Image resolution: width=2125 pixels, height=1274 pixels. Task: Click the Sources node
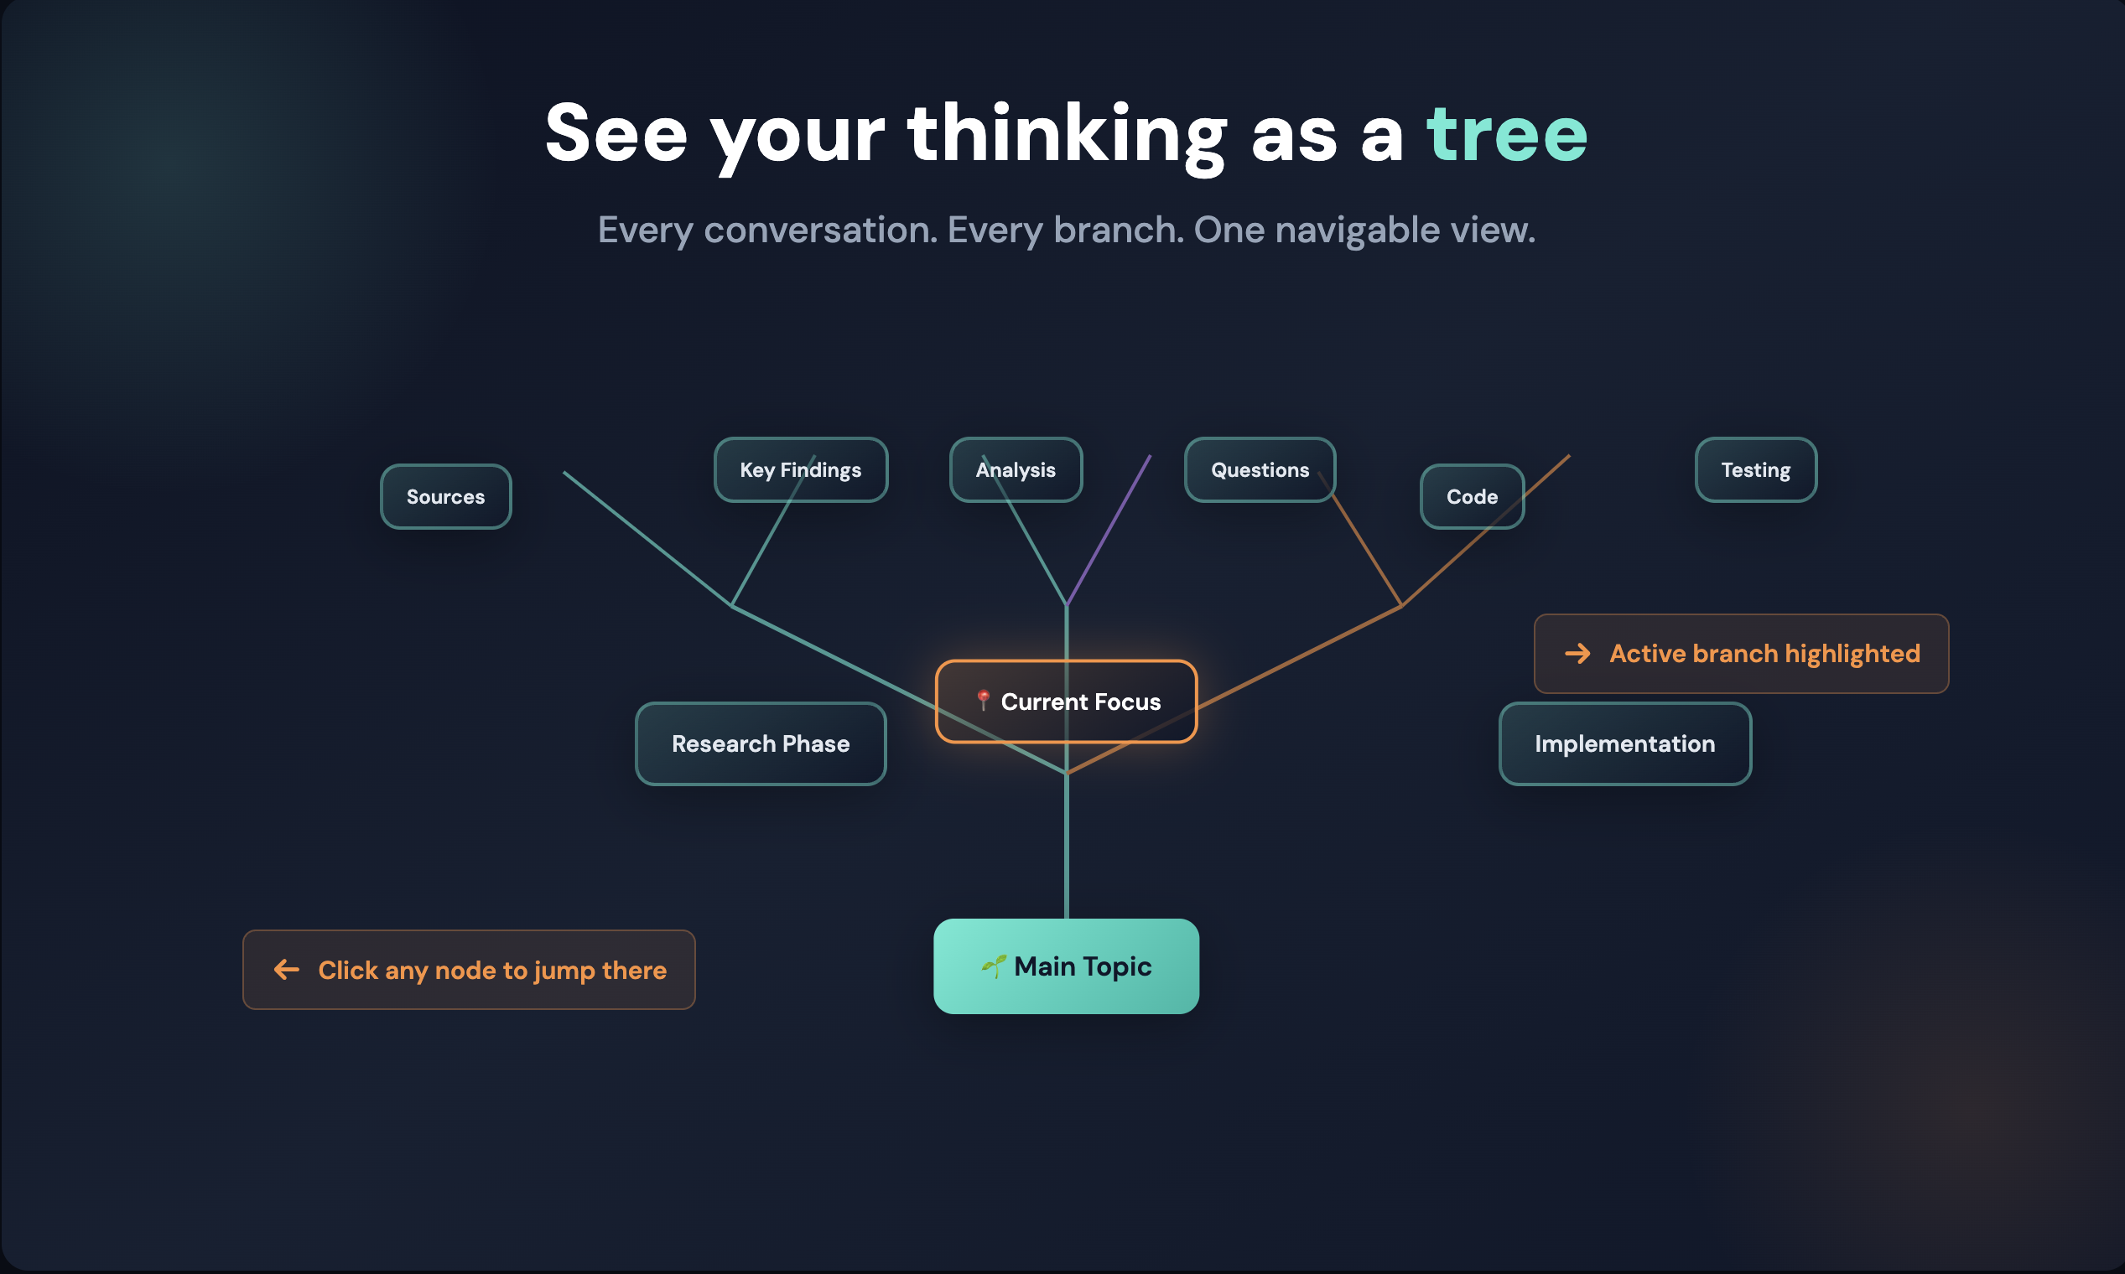(x=446, y=496)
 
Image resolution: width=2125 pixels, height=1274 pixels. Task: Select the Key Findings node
(x=801, y=469)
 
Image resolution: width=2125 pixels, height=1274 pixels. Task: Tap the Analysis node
(x=1016, y=469)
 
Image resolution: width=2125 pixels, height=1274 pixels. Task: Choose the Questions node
(x=1260, y=469)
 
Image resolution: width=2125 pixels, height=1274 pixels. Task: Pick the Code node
(x=1473, y=496)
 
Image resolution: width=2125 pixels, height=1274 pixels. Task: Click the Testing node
(x=1756, y=469)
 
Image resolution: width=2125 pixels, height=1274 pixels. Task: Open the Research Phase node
(x=760, y=743)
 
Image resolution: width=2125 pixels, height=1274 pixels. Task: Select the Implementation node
(x=1625, y=743)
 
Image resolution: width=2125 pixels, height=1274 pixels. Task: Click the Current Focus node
(x=1066, y=702)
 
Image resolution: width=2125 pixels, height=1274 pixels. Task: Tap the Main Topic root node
(x=1066, y=966)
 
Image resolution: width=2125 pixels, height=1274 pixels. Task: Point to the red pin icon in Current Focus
(x=984, y=701)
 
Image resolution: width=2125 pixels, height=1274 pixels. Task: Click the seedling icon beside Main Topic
(x=994, y=966)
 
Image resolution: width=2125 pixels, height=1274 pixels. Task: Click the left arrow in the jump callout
(x=286, y=969)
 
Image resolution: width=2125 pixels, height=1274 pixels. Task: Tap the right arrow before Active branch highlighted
(x=1578, y=653)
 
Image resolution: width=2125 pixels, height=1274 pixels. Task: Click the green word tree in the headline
(x=1507, y=134)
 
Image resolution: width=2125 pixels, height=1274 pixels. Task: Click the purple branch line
(x=1108, y=530)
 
